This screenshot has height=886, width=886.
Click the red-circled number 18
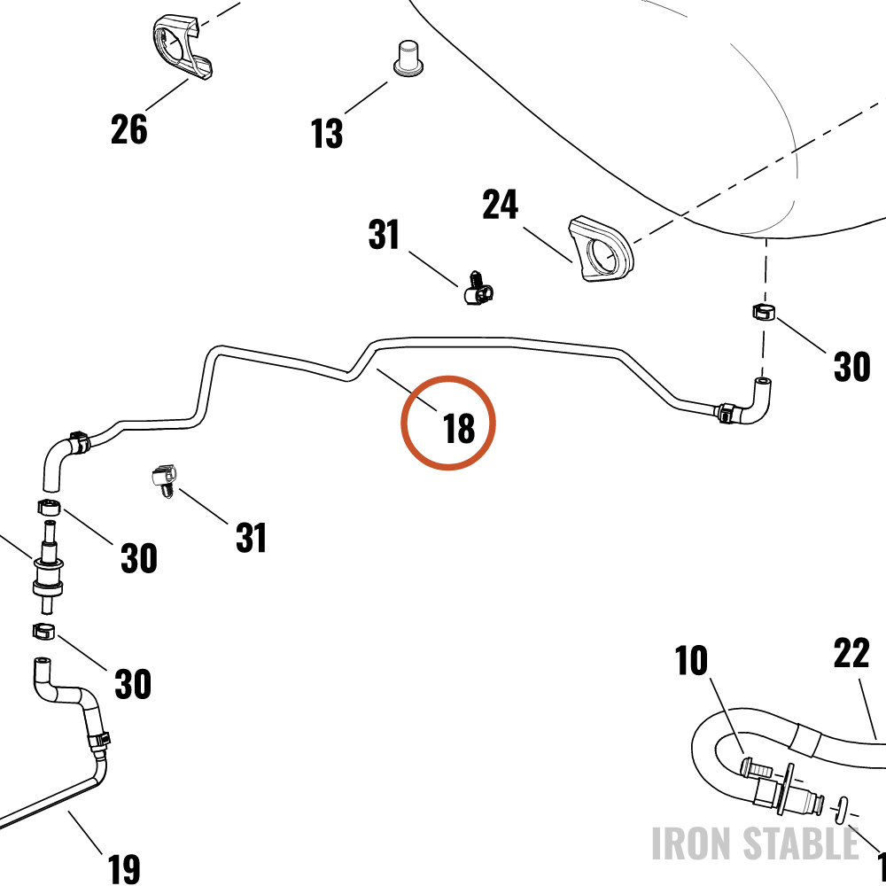pyautogui.click(x=459, y=429)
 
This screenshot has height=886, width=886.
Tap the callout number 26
pyautogui.click(x=128, y=129)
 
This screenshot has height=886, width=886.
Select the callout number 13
pyautogui.click(x=327, y=134)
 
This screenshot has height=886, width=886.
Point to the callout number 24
pyautogui.click(x=500, y=205)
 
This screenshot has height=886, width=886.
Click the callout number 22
pyautogui.click(x=851, y=653)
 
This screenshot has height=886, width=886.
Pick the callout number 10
pyautogui.click(x=691, y=661)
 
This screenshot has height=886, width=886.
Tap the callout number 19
pyautogui.click(x=123, y=868)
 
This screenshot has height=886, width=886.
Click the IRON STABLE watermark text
pyautogui.click(x=755, y=843)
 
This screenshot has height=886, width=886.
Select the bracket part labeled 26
pyautogui.click(x=182, y=48)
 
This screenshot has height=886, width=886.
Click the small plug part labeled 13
pyautogui.click(x=408, y=58)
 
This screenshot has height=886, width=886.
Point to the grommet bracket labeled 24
pyautogui.click(x=601, y=249)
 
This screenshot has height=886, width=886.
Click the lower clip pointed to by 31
pyautogui.click(x=165, y=480)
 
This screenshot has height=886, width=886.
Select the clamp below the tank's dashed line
pyautogui.click(x=764, y=312)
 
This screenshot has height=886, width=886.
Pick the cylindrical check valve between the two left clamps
pyautogui.click(x=48, y=567)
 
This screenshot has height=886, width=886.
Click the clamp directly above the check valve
pyautogui.click(x=49, y=507)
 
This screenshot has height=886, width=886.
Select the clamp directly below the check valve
pyautogui.click(x=43, y=631)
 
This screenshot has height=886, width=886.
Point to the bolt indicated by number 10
pyautogui.click(x=755, y=768)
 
